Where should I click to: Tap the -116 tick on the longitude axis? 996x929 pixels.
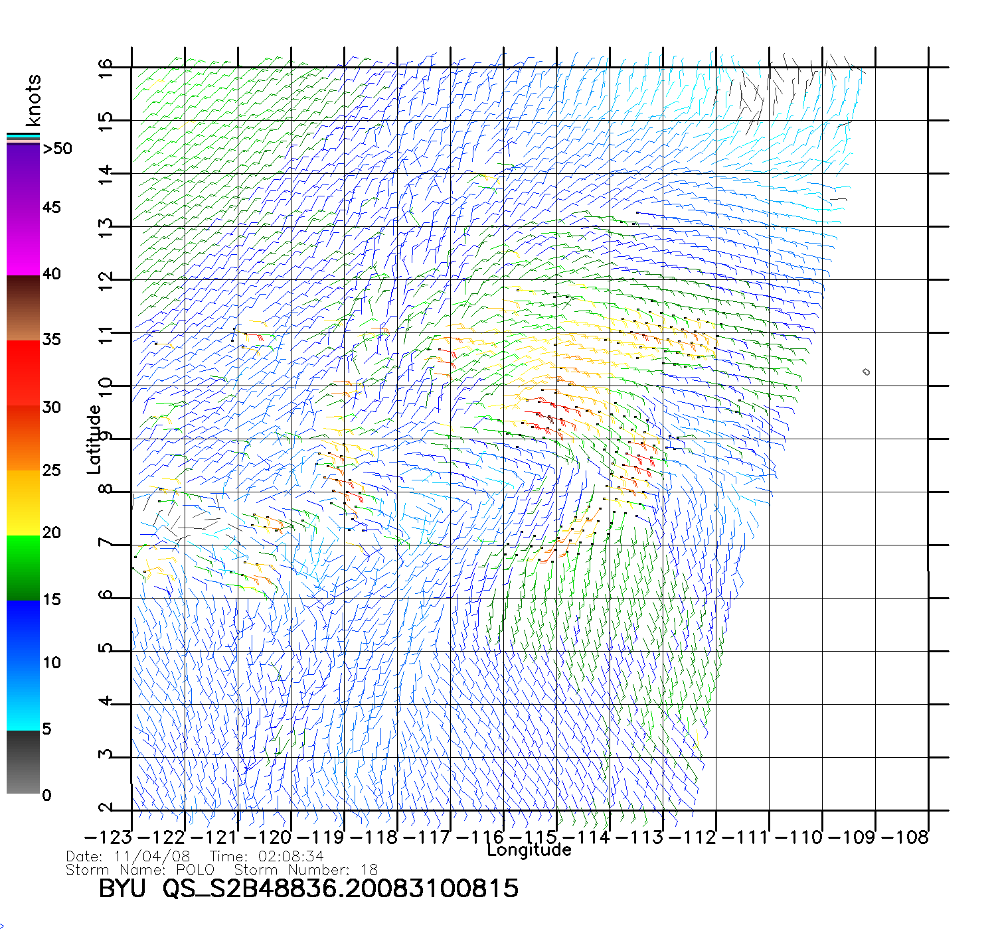(480, 837)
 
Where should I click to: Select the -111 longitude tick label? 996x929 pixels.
(746, 837)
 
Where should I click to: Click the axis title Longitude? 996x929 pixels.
(529, 850)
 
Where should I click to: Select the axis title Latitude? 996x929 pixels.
(94, 439)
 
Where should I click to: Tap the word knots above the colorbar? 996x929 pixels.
(33, 100)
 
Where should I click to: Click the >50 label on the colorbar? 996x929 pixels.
(57, 149)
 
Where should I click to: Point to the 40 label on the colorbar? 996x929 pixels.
(51, 274)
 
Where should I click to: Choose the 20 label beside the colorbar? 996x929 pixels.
(51, 533)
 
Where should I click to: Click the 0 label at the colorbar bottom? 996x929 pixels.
(46, 795)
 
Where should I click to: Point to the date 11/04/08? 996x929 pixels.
(152, 857)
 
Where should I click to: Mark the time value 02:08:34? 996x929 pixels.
(286, 857)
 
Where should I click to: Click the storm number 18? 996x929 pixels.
(369, 870)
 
